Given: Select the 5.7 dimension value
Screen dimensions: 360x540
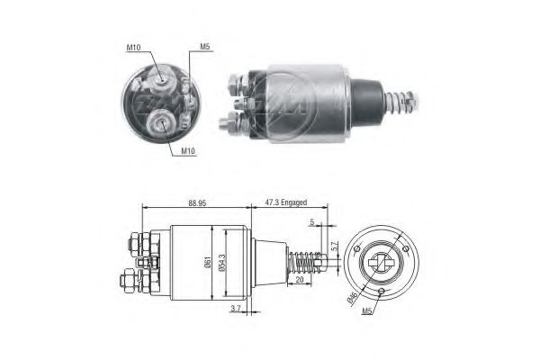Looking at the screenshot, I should (335, 245).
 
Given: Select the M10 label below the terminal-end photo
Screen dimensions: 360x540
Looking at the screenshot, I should (187, 150).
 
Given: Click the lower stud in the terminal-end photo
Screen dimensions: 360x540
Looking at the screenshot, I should (165, 118).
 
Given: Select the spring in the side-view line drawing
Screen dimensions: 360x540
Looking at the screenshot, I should (305, 263).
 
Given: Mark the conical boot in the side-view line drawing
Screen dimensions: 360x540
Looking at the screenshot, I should (267, 262).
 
